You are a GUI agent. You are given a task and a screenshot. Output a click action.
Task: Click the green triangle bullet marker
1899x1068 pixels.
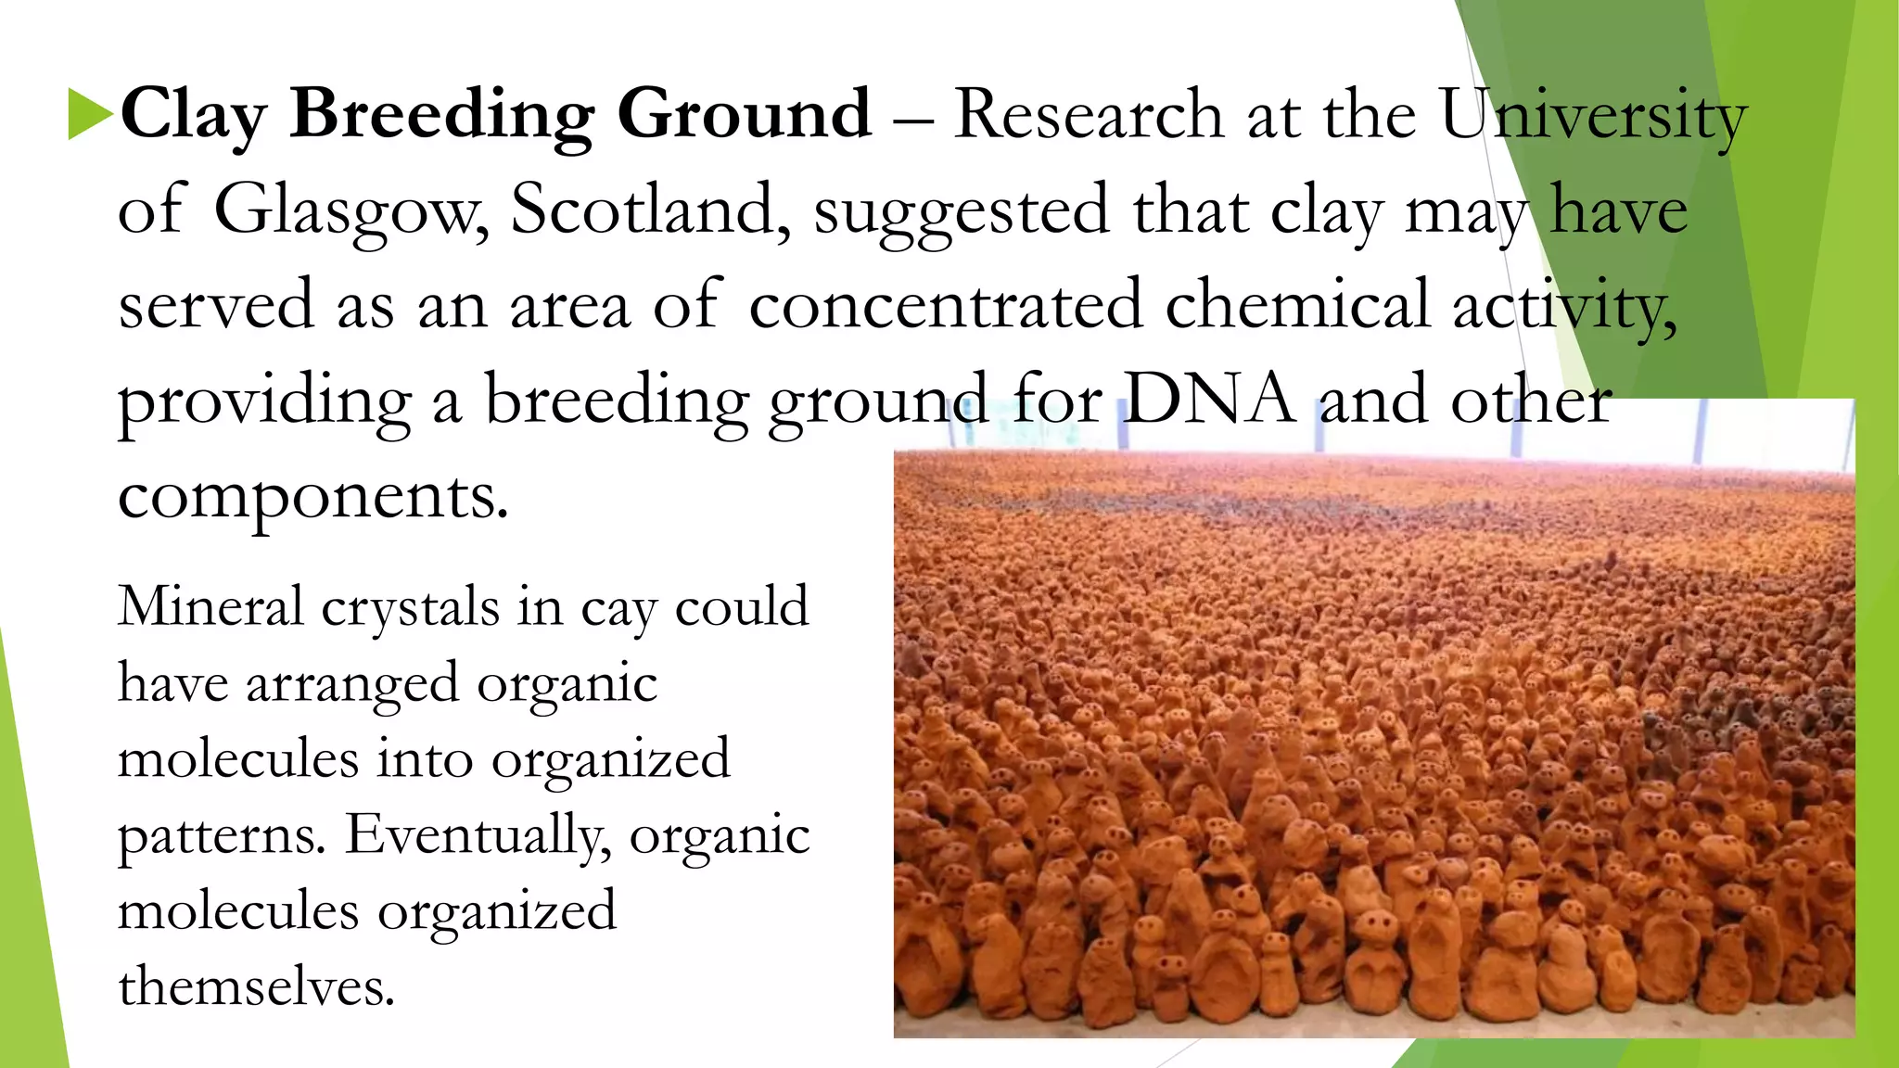point(90,115)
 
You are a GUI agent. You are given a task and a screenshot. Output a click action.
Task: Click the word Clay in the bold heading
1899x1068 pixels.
point(193,115)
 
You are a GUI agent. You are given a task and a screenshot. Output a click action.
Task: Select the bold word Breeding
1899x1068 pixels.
point(441,115)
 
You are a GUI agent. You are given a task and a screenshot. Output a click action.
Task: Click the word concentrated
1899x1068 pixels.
point(945,305)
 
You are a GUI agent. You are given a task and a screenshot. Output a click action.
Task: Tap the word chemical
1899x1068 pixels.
point(1297,305)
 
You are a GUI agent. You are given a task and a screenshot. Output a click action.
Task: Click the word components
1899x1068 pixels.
point(312,498)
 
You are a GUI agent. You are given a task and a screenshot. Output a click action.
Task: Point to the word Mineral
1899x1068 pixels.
point(210,606)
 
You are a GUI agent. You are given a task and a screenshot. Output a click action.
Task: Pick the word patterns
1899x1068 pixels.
point(222,836)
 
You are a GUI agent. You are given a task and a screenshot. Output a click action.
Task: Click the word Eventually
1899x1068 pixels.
point(478,836)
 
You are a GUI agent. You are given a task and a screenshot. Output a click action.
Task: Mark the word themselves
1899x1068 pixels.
point(256,985)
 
